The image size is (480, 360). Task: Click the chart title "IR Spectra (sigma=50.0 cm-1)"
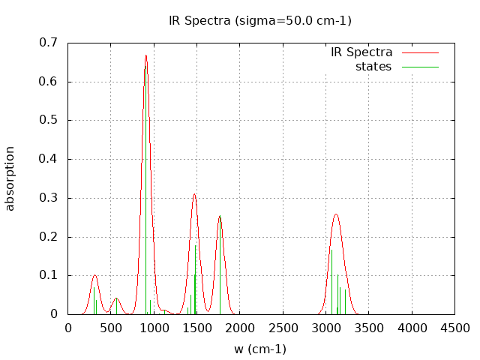pos(259,20)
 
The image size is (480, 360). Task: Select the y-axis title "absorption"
pos(10,178)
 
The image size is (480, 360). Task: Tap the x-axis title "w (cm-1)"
pos(259,349)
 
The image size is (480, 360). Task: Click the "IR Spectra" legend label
pos(361,52)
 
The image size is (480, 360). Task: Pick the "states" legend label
pos(373,67)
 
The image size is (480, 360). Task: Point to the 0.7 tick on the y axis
pos(48,43)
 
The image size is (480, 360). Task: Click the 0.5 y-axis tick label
pos(48,120)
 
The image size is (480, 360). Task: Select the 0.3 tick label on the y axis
pos(48,198)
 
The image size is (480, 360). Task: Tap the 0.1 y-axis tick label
pos(48,275)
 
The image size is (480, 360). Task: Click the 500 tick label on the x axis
pos(111,328)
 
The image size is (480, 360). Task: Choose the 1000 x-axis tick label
pos(154,328)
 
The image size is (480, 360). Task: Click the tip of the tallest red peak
pos(145,55)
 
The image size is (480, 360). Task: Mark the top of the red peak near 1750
pos(220,216)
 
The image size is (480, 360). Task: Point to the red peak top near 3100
pos(336,214)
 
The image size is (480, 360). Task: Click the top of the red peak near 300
pos(94,275)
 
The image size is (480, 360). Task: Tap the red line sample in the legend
pos(419,52)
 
